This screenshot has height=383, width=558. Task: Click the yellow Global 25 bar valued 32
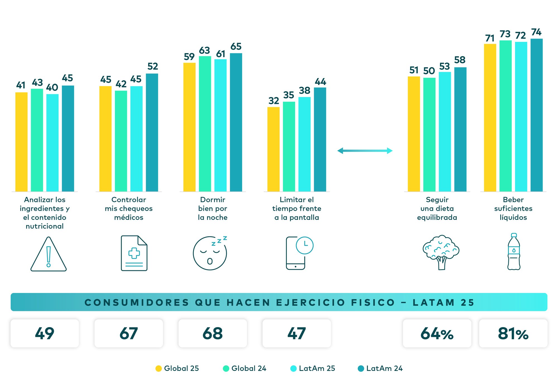[x=273, y=149]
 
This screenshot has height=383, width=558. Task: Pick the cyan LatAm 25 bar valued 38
[x=304, y=144]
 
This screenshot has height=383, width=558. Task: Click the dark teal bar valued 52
[x=152, y=133]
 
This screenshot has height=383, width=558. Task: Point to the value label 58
[x=460, y=60]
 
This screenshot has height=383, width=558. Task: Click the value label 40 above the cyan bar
[x=52, y=88]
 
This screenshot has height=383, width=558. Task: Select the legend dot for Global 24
[x=226, y=368]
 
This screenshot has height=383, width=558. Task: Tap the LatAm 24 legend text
[x=384, y=368]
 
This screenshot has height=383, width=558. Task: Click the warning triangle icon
[x=49, y=254]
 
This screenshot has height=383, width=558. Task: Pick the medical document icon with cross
[x=134, y=253]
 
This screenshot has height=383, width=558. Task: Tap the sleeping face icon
[x=210, y=253]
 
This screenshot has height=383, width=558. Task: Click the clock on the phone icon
[x=304, y=245]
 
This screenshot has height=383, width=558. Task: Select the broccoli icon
[x=441, y=252]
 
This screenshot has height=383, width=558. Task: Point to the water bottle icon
[x=514, y=252]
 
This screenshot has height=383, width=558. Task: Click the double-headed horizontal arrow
[x=365, y=151]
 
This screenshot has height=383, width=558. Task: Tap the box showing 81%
[x=513, y=333]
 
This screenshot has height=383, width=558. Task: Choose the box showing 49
[x=45, y=333]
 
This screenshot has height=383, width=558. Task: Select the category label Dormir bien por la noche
[x=213, y=209]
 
